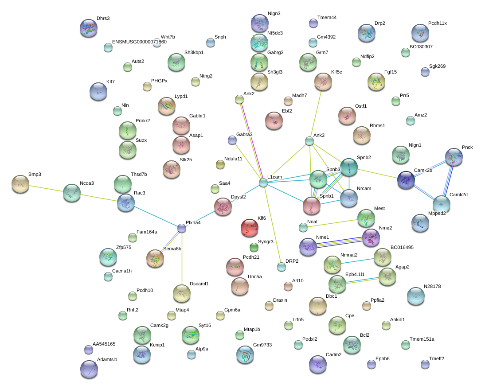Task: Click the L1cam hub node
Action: [263, 183]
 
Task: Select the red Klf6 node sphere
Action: [249, 228]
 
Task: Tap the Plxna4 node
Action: [182, 229]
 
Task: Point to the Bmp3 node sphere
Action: [20, 184]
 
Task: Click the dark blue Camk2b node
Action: [406, 180]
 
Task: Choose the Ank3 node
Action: [309, 141]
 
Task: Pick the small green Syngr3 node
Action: [254, 247]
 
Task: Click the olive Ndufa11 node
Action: [220, 164]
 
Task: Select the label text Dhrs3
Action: [103, 18]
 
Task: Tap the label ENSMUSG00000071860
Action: [139, 42]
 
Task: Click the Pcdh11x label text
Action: [438, 23]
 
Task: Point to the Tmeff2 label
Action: [436, 358]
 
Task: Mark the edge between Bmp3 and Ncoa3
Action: [46, 189]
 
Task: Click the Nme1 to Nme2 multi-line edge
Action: [339, 242]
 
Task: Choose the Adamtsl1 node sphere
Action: [89, 369]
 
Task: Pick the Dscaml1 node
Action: [182, 293]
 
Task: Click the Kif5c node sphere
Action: [323, 82]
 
